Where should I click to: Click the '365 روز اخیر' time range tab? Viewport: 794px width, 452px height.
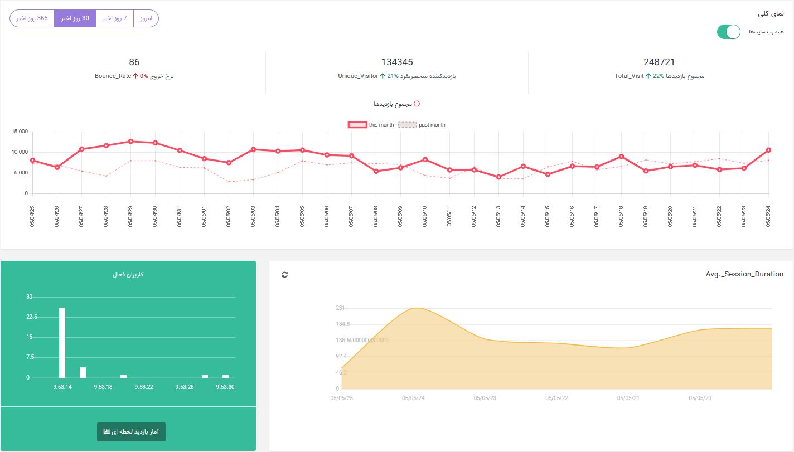coord(32,18)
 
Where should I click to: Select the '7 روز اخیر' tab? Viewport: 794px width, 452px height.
coord(114,18)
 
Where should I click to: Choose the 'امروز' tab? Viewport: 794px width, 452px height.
coord(146,18)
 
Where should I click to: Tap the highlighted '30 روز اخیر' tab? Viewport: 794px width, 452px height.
coord(75,18)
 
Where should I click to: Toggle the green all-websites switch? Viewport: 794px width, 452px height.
coord(728,32)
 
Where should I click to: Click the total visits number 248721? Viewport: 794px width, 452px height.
coord(659,62)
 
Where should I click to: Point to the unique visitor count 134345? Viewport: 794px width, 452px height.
coord(397,62)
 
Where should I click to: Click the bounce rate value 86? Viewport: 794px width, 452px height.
coord(134,62)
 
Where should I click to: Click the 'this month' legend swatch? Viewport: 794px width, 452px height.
coord(357,125)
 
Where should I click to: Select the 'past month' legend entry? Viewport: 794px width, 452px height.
coord(422,125)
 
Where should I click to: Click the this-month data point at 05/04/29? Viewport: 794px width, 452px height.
coord(131,142)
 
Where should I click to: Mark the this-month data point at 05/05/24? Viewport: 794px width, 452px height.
coord(768,150)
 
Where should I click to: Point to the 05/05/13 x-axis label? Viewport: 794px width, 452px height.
coord(498,216)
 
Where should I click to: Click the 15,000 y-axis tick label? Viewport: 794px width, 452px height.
coord(20,132)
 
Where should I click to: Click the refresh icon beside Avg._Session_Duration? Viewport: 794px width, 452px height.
coord(284,275)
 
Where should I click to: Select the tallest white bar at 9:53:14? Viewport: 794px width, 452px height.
coord(62,343)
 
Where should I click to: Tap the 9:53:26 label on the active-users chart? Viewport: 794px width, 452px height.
coord(185,387)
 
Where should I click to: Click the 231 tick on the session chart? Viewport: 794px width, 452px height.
coord(340,308)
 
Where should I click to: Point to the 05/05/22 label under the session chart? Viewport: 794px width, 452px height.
coord(556,398)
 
